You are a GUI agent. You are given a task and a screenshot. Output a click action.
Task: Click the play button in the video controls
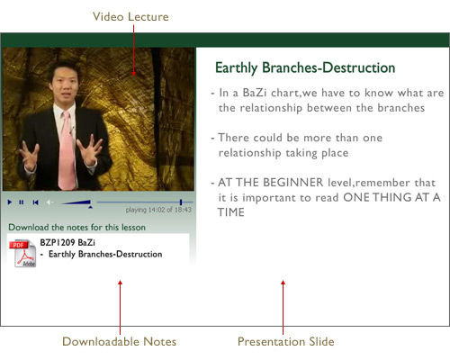tap(10, 202)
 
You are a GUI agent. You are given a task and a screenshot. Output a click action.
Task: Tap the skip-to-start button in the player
tap(35, 202)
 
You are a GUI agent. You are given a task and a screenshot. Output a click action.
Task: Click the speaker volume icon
tap(49, 202)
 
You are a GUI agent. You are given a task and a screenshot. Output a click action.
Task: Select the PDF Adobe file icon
tap(23, 253)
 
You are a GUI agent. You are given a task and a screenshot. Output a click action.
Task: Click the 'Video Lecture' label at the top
tap(130, 17)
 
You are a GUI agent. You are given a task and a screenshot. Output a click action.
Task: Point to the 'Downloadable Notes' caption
tap(119, 341)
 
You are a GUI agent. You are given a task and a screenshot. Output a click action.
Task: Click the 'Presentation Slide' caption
tap(286, 341)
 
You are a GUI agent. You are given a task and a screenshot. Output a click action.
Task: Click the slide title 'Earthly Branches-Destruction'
tap(305, 67)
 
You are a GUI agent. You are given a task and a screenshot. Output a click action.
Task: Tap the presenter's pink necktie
tap(67, 150)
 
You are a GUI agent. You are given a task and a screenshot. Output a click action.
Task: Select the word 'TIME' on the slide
tap(231, 212)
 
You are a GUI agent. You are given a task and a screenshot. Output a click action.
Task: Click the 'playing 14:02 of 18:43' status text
tap(158, 210)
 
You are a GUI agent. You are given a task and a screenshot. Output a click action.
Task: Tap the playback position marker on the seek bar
tap(181, 202)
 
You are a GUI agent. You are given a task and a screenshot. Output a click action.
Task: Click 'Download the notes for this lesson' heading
tap(76, 228)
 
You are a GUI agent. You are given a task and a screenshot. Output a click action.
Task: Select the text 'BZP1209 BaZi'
tap(67, 242)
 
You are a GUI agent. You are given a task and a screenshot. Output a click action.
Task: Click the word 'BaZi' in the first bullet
tap(255, 93)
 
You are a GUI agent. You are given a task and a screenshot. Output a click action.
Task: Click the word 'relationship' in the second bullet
tap(249, 153)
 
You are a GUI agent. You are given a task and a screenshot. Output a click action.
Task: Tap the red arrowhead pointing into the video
tap(133, 73)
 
